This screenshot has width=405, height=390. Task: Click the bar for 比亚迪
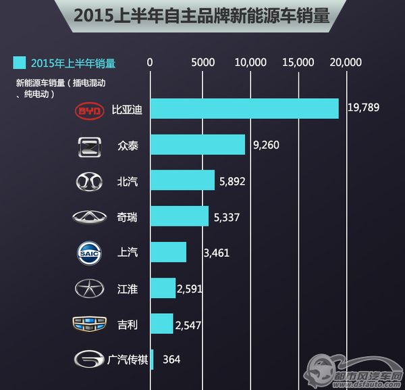point(244,109)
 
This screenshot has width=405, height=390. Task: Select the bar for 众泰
point(197,145)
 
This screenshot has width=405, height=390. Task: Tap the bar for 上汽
point(168,252)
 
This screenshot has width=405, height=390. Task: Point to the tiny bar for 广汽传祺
point(152,359)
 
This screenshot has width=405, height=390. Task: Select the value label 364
point(171,359)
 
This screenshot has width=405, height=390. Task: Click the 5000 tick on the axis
point(202,62)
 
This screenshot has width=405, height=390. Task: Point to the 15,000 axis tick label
point(298,62)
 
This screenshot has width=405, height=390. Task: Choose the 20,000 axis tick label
point(345,62)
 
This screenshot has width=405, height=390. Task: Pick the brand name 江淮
point(127,289)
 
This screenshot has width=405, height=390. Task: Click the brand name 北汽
point(127,181)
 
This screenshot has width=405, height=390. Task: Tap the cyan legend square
point(20,64)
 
